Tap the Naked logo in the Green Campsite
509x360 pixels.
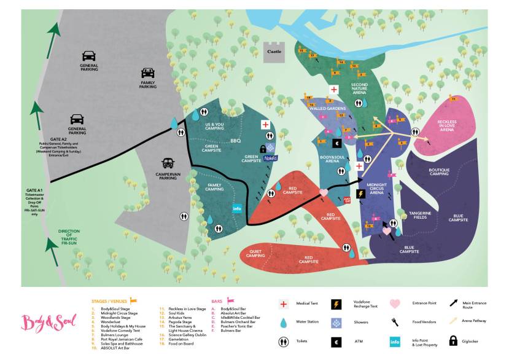[x=270, y=158]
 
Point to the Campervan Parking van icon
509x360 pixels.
[x=167, y=163]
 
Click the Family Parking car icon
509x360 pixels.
[x=148, y=72]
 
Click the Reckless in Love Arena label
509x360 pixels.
[x=446, y=126]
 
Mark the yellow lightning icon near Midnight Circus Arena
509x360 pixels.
[x=361, y=194]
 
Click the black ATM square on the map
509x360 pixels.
[x=336, y=143]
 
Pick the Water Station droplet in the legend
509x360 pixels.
[x=284, y=323]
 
